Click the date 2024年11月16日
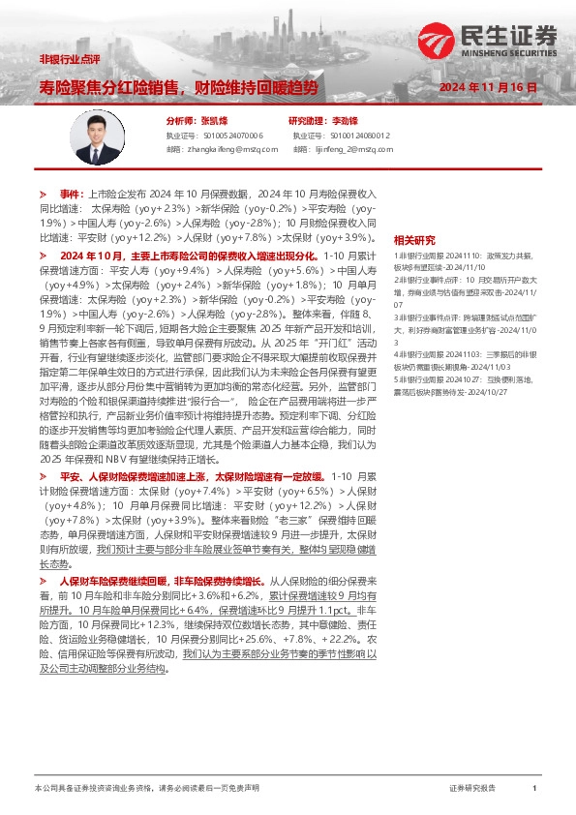pos(488,87)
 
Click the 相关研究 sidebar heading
pos(414,241)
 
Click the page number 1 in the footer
pos(533,790)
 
